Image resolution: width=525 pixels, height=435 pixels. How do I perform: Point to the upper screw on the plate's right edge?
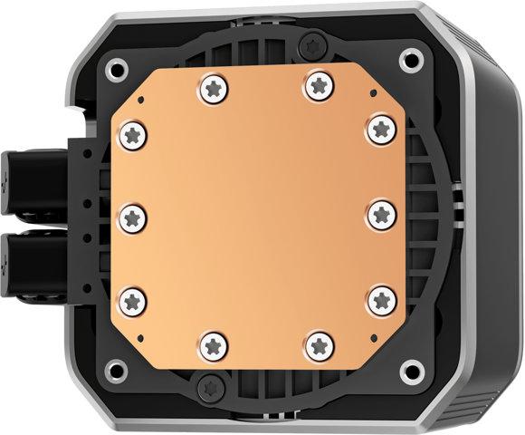378,130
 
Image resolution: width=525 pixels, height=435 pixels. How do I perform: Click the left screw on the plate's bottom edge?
214,344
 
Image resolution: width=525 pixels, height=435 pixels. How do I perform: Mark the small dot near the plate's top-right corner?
371,93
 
